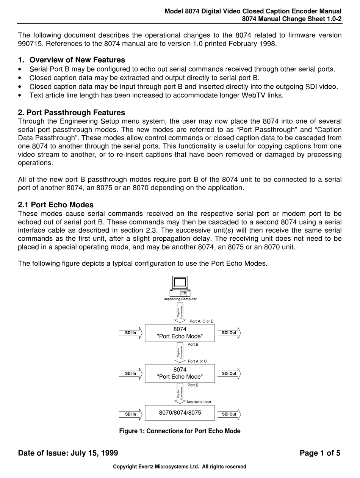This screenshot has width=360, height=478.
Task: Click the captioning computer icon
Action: [x=180, y=286]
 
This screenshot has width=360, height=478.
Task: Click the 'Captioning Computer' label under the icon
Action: [x=180, y=299]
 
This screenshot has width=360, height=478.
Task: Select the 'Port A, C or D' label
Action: [x=202, y=321]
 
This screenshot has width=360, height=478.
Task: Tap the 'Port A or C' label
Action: [x=197, y=361]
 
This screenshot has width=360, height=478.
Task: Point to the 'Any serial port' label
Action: [x=199, y=402]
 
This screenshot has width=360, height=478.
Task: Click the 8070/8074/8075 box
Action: [x=180, y=413]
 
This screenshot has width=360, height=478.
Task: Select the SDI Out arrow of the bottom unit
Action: [x=229, y=414]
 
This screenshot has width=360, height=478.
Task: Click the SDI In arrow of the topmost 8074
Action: [x=131, y=333]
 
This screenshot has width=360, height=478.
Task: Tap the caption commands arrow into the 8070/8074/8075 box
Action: [x=180, y=393]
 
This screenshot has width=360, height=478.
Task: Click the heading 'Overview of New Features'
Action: [x=77, y=60]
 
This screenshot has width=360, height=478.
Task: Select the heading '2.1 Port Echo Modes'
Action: [x=56, y=205]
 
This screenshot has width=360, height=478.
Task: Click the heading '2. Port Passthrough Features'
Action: [x=71, y=113]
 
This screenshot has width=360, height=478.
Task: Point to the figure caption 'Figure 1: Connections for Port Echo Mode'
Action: [x=180, y=431]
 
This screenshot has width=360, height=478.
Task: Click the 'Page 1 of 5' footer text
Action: [x=320, y=453]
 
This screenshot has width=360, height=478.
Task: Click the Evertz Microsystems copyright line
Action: [x=180, y=467]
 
